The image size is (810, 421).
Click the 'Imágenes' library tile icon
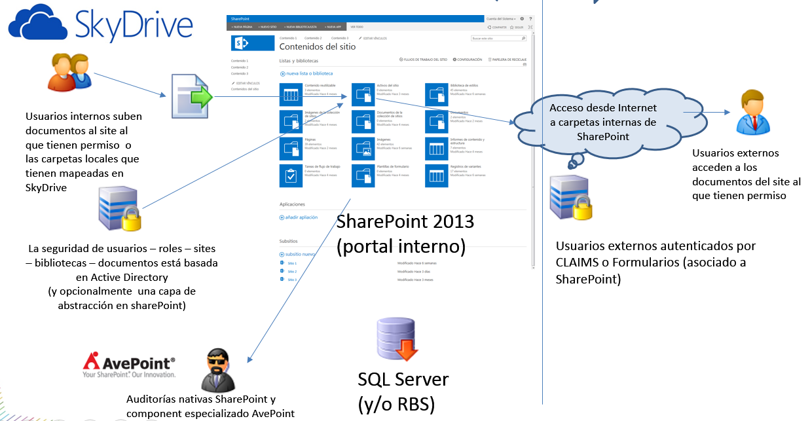[363, 149]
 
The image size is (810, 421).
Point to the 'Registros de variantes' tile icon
[436, 175]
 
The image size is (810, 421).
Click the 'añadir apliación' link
[301, 217]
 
